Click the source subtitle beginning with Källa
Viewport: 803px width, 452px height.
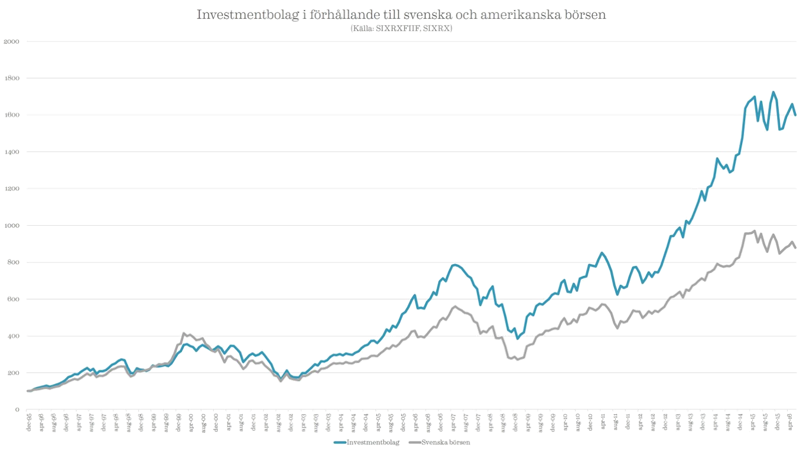click(401, 28)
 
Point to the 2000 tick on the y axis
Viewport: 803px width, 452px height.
click(12, 41)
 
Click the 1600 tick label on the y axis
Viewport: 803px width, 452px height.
click(12, 115)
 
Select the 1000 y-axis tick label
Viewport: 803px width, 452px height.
click(12, 225)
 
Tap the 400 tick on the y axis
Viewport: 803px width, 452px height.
click(13, 336)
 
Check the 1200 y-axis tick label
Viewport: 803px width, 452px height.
click(12, 188)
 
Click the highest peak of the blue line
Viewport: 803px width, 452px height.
click(774, 91)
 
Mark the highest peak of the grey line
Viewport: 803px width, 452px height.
click(755, 230)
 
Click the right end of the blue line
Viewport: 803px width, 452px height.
click(796, 116)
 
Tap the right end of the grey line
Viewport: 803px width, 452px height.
click(796, 248)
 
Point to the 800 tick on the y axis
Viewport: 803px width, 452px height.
click(13, 262)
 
